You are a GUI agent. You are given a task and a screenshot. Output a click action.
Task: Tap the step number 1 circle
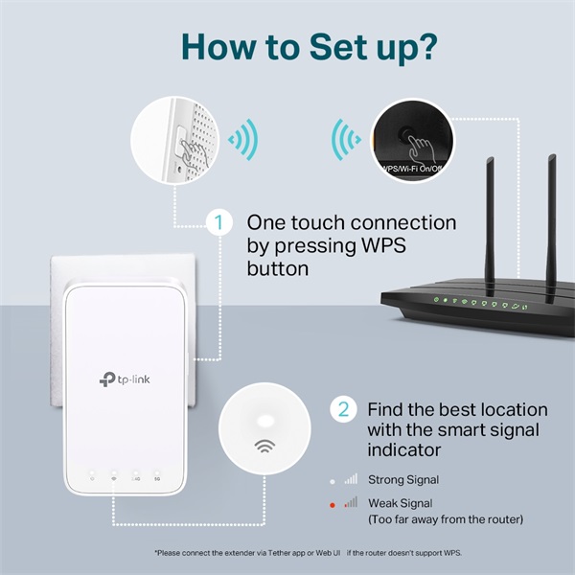219,223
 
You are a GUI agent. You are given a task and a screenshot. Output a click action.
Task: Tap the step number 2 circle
343,410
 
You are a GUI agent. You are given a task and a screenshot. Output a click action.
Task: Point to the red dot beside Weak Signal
333,503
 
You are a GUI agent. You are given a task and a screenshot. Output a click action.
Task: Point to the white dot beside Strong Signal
333,480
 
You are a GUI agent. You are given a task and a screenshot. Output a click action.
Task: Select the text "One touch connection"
352,222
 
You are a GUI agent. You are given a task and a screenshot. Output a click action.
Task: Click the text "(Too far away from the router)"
446,519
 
